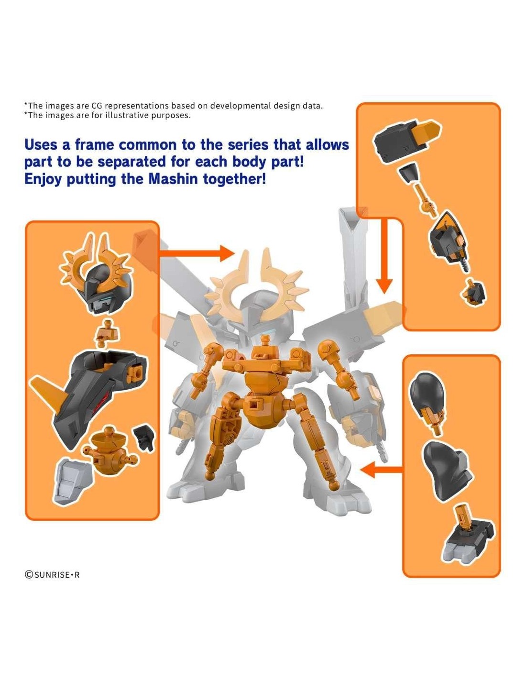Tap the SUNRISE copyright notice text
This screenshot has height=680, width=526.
tap(52, 574)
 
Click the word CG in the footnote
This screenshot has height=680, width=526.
tap(95, 106)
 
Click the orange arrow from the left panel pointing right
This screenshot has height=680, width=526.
tap(197, 253)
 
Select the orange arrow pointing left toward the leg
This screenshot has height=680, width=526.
tap(382, 470)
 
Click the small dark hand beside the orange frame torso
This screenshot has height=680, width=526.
tap(143, 439)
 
